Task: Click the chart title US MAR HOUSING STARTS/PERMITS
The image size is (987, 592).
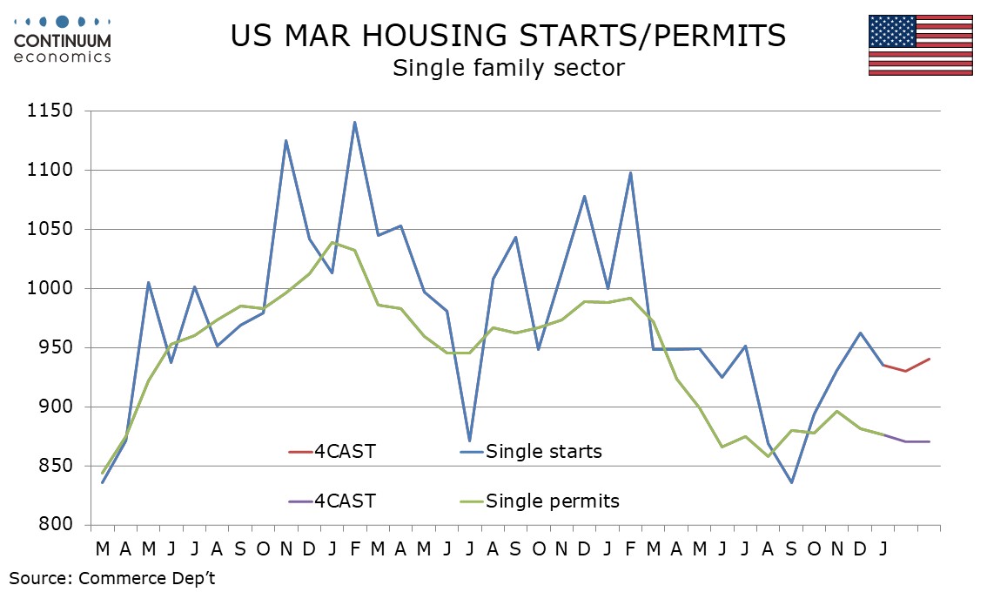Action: click(x=507, y=36)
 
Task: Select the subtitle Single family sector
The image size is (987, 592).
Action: click(x=507, y=68)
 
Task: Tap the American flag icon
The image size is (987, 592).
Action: click(x=920, y=45)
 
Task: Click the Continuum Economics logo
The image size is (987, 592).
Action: click(x=63, y=38)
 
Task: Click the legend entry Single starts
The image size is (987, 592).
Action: click(x=543, y=451)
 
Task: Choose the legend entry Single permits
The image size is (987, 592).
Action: click(x=552, y=501)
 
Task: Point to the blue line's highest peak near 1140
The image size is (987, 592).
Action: click(x=354, y=123)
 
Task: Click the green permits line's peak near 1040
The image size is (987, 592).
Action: click(x=332, y=242)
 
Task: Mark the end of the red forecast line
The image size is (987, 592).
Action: click(x=929, y=359)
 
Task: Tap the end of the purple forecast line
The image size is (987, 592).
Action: click(x=929, y=441)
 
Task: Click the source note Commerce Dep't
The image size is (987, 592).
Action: click(x=112, y=577)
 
